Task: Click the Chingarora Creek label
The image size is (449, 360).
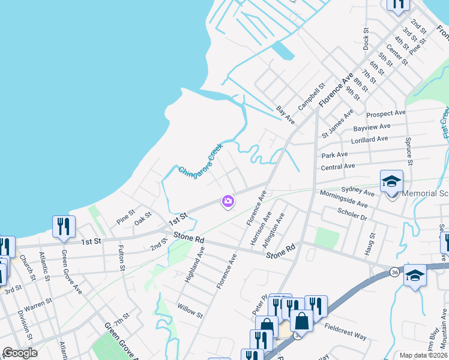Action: click(x=200, y=160)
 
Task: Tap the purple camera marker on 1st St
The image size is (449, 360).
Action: click(x=228, y=202)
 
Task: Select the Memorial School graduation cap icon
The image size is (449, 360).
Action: click(x=391, y=181)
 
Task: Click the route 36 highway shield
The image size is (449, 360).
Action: click(x=394, y=272)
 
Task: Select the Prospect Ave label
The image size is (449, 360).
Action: click(x=386, y=113)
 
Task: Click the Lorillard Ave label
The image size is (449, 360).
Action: click(x=372, y=139)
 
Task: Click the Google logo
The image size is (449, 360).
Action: click(x=20, y=353)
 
